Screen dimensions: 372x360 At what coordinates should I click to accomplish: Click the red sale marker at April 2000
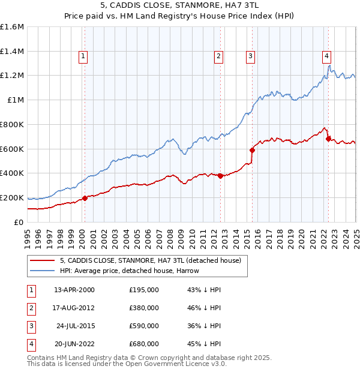[x=85, y=198]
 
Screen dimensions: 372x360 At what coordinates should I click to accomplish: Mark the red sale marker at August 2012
[x=220, y=176]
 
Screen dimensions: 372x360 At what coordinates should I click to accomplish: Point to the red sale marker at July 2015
[x=252, y=150]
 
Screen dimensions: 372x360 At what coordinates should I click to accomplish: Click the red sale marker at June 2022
[x=328, y=139]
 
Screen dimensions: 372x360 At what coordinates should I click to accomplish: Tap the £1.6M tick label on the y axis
[x=12, y=27]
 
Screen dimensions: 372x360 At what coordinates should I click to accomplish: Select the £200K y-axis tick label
[x=12, y=197]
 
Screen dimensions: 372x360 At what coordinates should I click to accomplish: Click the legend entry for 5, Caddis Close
[x=150, y=260]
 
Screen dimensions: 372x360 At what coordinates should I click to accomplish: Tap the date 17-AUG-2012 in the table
[x=74, y=308]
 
